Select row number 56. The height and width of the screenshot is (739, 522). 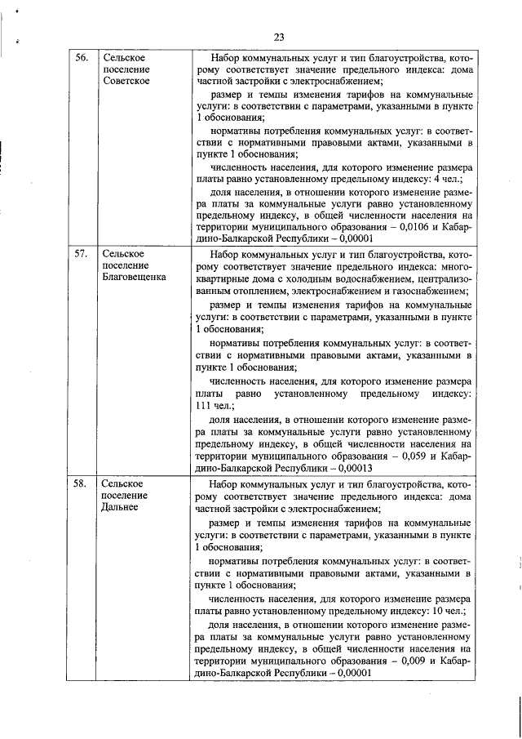pos(82,59)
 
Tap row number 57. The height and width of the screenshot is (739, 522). pos(82,254)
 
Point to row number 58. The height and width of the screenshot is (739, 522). pos(82,483)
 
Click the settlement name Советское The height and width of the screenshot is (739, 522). pos(126,82)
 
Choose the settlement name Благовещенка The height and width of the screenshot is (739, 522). pos(134,277)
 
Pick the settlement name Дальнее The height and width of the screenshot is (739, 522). pos(121,506)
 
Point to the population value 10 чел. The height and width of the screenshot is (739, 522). pos(450,609)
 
